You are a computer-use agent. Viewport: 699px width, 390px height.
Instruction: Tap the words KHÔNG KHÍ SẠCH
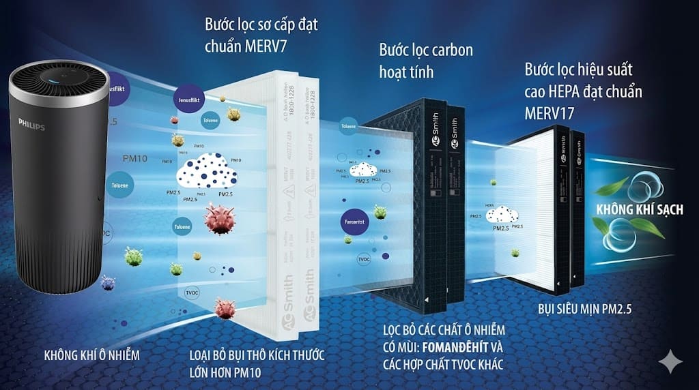pyautogui.click(x=640, y=209)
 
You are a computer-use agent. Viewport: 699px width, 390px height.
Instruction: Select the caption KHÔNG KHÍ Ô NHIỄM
pyautogui.click(x=91, y=355)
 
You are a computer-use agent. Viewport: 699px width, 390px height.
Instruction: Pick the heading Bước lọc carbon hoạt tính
pyautogui.click(x=426, y=61)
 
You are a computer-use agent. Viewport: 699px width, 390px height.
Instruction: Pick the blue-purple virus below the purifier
pyautogui.click(x=107, y=283)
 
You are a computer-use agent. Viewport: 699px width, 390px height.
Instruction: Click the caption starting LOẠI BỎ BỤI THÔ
pyautogui.click(x=256, y=363)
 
